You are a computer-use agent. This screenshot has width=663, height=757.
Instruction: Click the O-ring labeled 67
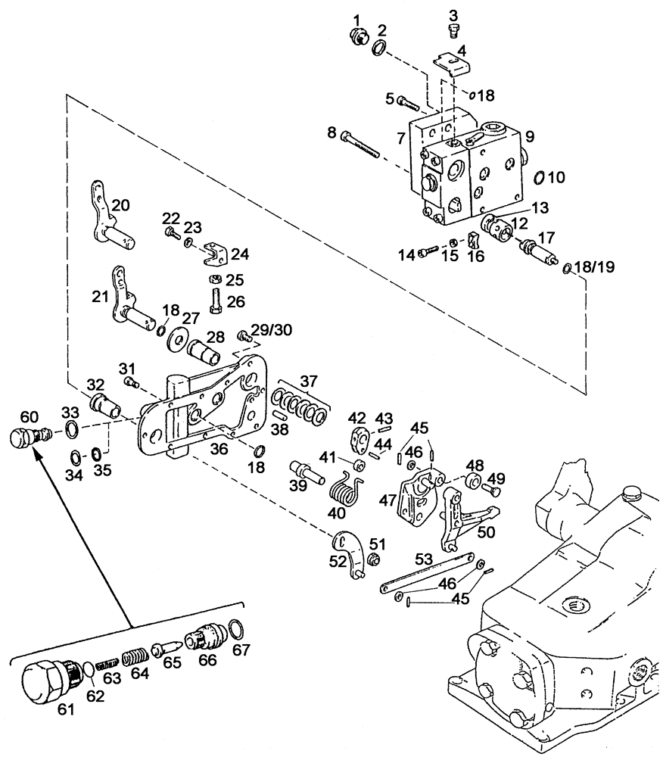(x=236, y=628)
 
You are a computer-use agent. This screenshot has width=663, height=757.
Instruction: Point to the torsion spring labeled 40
(x=348, y=494)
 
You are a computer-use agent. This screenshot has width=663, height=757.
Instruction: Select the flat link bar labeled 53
(x=428, y=574)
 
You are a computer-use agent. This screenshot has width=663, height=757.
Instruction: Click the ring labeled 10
(x=538, y=178)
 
